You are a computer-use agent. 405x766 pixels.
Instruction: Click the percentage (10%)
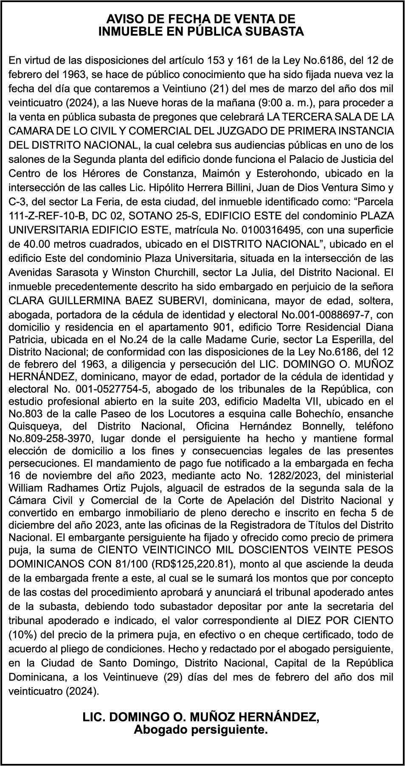click(22, 635)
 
